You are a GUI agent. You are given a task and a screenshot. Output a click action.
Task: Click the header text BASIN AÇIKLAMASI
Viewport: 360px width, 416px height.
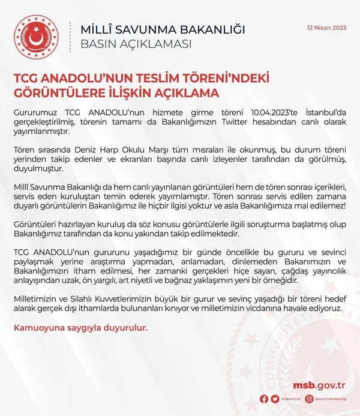[136, 44]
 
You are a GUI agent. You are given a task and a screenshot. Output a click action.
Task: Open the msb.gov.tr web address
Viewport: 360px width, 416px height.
[319, 385]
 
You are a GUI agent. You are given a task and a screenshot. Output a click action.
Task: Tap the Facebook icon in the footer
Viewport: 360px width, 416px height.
[265, 399]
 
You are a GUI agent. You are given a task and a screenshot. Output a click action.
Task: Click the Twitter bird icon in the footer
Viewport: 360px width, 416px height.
[275, 399]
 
